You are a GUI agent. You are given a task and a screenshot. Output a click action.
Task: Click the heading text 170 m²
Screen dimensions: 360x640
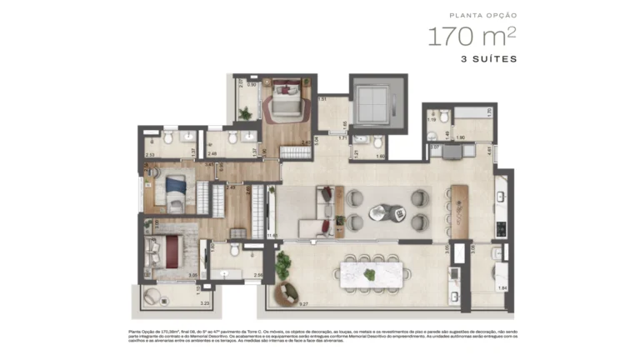pyautogui.click(x=471, y=37)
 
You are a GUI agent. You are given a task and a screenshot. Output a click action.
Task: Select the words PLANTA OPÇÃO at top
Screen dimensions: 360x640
pyautogui.click(x=483, y=15)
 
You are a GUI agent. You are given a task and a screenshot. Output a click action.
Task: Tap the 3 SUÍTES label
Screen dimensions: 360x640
pyautogui.click(x=488, y=59)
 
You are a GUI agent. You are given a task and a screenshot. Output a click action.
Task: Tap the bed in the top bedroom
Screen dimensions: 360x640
pyautogui.click(x=285, y=99)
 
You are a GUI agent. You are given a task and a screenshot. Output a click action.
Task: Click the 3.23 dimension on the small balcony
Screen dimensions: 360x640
pyautogui.click(x=205, y=304)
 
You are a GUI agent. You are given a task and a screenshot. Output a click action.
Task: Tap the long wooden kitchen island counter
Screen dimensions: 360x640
pyautogui.click(x=460, y=207)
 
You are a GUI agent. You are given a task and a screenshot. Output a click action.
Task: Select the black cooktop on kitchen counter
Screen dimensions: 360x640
pyautogui.click(x=500, y=227)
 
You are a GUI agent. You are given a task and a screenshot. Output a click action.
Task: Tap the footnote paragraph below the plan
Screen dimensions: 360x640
pyautogui.click(x=320, y=335)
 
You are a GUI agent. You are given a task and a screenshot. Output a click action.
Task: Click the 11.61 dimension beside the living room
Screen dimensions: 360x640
pyautogui.click(x=272, y=236)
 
